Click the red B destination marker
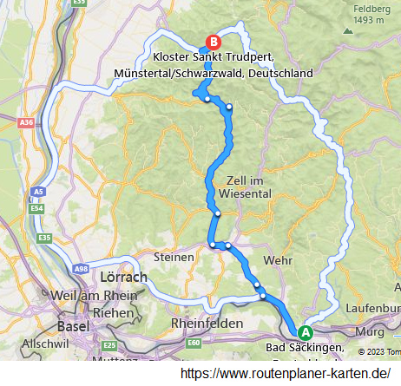click(213, 41)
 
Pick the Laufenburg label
click(372, 307)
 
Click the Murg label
click(369, 330)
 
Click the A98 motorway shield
click(82, 271)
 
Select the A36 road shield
click(27, 123)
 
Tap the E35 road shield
click(45, 238)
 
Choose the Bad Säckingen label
click(303, 349)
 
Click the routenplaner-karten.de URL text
click(285, 373)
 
